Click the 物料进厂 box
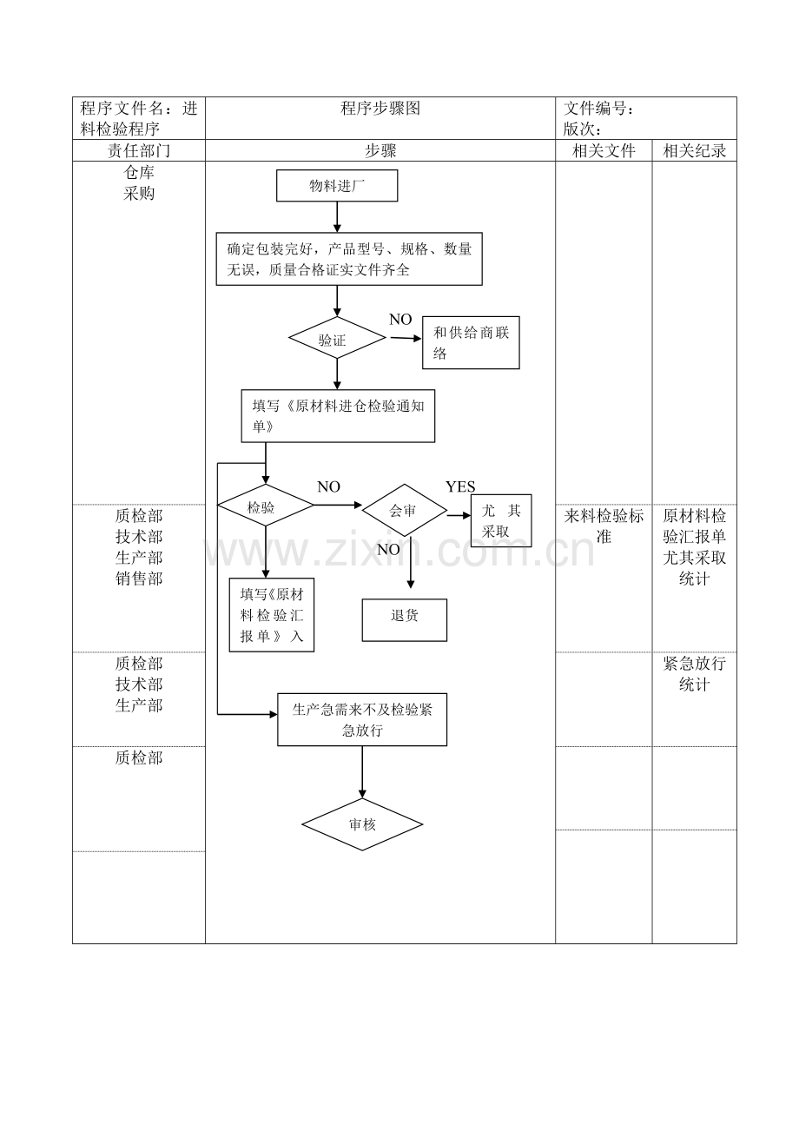[x=337, y=186]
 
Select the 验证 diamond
[x=337, y=339]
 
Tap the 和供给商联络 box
[x=471, y=343]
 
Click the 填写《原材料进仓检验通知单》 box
[x=338, y=416]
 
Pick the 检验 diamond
[x=265, y=506]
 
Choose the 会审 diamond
[x=404, y=511]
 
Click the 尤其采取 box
[x=501, y=521]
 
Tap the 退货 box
[x=405, y=620]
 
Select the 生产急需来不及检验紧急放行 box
[x=362, y=720]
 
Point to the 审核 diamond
[x=362, y=824]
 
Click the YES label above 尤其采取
[x=460, y=486]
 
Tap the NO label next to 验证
[x=400, y=320]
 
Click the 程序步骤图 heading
[x=380, y=109]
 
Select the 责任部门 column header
[x=139, y=151]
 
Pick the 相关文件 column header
[x=604, y=151]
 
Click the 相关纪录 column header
[x=694, y=151]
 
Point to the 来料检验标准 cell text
[x=604, y=526]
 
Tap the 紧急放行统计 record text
[x=694, y=674]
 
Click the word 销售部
[x=139, y=579]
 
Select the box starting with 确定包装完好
[x=349, y=259]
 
